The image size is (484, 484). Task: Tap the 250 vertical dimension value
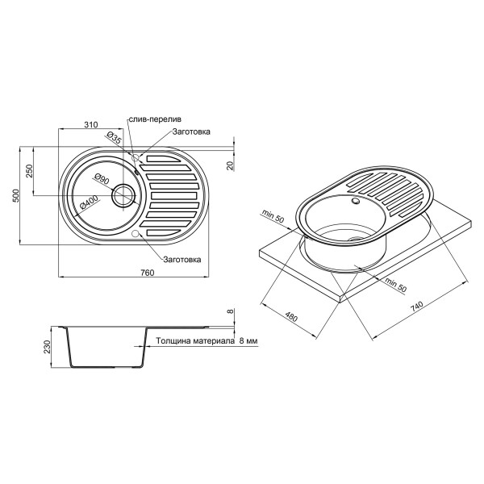coord(29,171)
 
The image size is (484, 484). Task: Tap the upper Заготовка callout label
coord(190,131)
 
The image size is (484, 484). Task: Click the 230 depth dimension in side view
coord(48,347)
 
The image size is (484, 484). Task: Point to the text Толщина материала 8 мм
coord(207,342)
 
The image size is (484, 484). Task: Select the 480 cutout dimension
coord(293,317)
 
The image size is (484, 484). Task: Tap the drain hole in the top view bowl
coord(124,194)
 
